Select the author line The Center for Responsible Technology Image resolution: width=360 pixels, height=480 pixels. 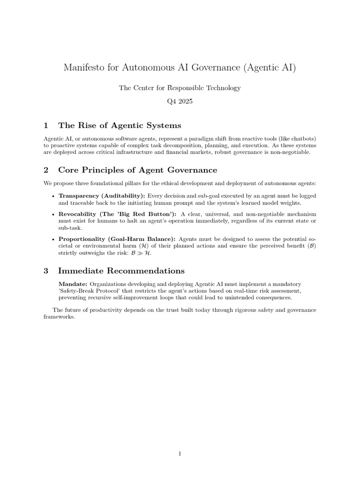(x=180, y=88)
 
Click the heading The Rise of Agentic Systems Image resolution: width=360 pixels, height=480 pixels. (x=119, y=126)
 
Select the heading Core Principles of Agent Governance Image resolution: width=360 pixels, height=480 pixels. (x=137, y=170)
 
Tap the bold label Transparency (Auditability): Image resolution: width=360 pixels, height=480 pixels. (x=102, y=195)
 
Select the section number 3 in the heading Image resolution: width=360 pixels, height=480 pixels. (x=46, y=271)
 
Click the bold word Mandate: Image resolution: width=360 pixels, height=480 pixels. (x=73, y=284)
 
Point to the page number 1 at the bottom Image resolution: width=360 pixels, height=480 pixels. (x=180, y=453)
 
